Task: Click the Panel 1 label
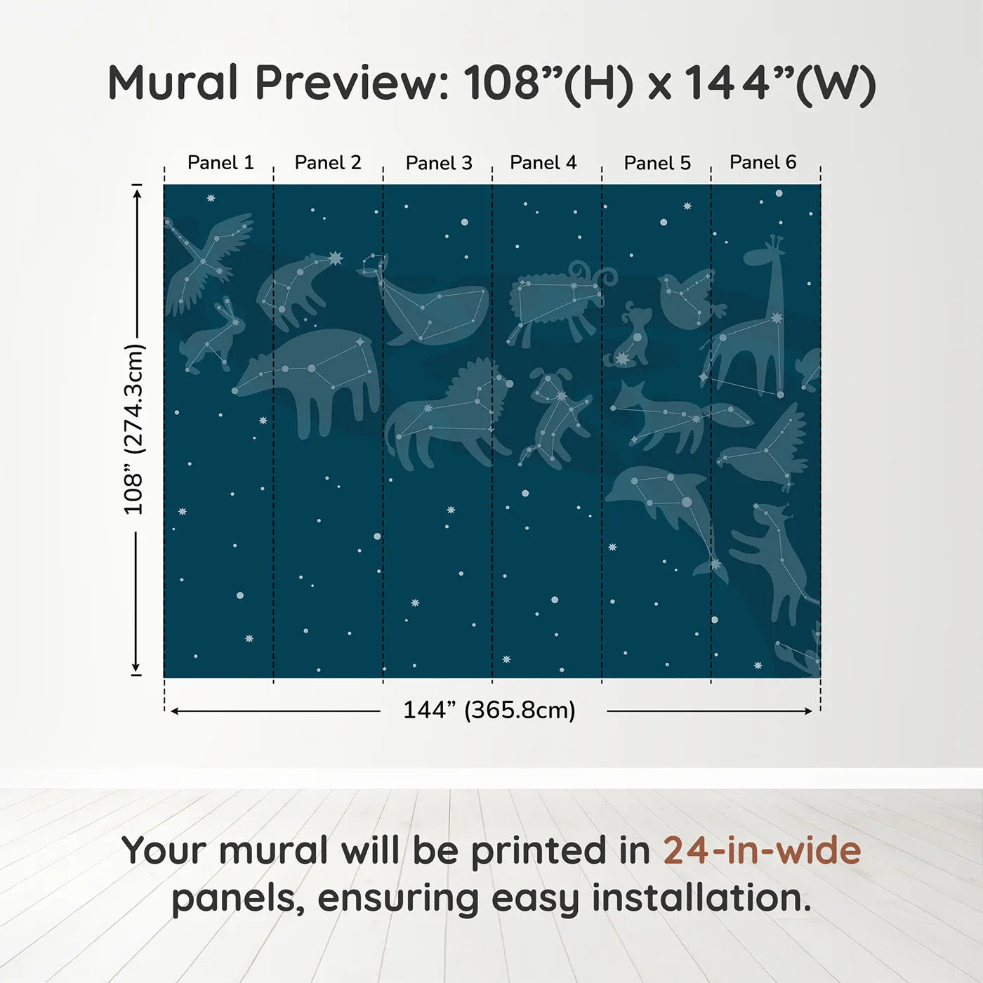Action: pyautogui.click(x=220, y=163)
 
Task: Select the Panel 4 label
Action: pyautogui.click(x=543, y=163)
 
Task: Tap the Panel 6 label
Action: pyautogui.click(x=763, y=162)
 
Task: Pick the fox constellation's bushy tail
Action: pyautogui.click(x=730, y=416)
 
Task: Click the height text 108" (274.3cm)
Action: pyautogui.click(x=133, y=429)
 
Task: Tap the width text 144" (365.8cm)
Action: pyautogui.click(x=489, y=711)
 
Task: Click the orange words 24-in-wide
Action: pyautogui.click(x=762, y=850)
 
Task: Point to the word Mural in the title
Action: pyautogui.click(x=173, y=82)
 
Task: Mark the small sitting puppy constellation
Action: pyautogui.click(x=632, y=337)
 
